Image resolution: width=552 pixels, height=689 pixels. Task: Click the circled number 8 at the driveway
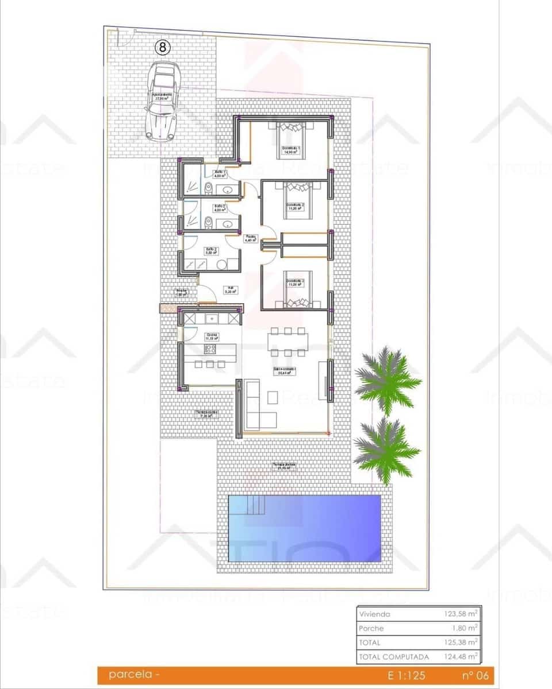[x=163, y=48]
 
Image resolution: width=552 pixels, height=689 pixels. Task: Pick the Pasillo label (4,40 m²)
[x=250, y=238]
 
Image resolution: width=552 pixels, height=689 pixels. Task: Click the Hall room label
[x=230, y=290]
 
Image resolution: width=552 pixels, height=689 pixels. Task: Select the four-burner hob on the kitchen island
[x=208, y=364]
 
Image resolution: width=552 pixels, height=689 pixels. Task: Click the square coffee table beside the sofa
[x=273, y=397]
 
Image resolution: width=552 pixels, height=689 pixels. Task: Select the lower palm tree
[x=386, y=450]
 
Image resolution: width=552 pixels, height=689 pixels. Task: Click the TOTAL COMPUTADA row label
[x=393, y=656]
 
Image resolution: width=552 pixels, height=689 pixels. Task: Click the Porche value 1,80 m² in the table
[x=466, y=628]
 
